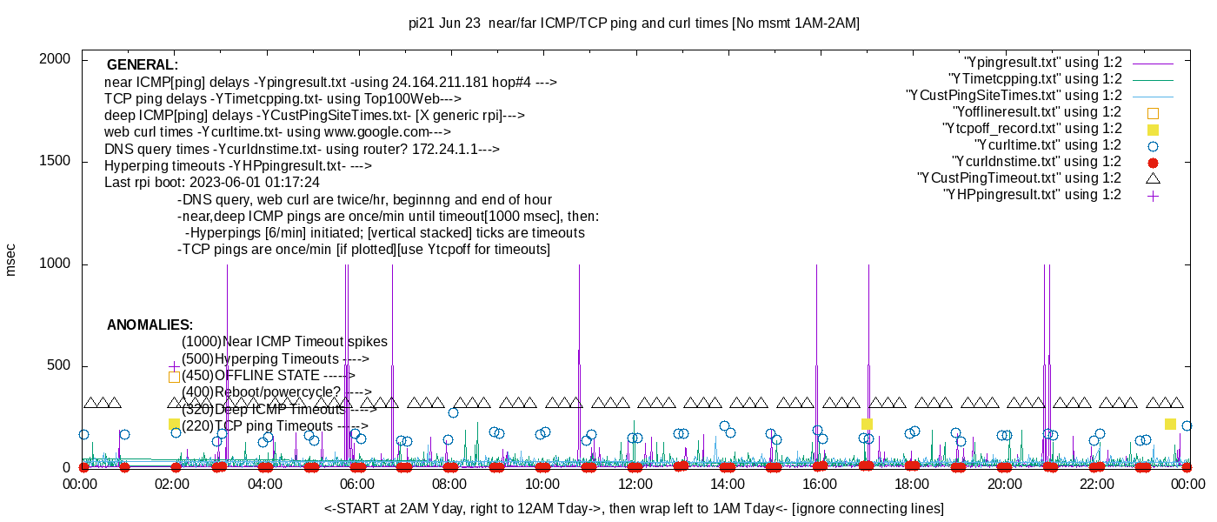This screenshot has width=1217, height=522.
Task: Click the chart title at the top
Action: pyautogui.click(x=634, y=23)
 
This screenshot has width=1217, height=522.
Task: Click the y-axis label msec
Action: pyautogui.click(x=10, y=260)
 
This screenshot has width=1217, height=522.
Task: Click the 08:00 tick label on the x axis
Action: pyautogui.click(x=449, y=485)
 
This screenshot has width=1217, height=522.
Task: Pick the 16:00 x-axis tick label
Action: pyautogui.click(x=820, y=485)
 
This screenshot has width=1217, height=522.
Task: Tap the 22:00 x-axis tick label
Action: pyautogui.click(x=1097, y=485)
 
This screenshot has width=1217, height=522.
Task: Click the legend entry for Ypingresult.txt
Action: pyautogui.click(x=1042, y=63)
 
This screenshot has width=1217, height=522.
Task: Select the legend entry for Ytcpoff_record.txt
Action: pyautogui.click(x=1032, y=129)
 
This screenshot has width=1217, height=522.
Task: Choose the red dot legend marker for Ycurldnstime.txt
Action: pyautogui.click(x=1153, y=162)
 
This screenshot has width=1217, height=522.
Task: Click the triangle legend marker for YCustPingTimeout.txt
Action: pyautogui.click(x=1153, y=178)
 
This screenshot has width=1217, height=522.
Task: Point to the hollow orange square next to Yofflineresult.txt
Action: pyautogui.click(x=1153, y=112)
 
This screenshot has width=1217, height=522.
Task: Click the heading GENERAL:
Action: pyautogui.click(x=143, y=65)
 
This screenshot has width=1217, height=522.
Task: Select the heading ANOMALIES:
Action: pyautogui.click(x=150, y=325)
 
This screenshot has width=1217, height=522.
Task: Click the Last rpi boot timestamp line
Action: pyautogui.click(x=212, y=183)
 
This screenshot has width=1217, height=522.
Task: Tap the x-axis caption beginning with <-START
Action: pyautogui.click(x=634, y=508)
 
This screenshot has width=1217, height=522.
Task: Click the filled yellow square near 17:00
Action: pyautogui.click(x=867, y=424)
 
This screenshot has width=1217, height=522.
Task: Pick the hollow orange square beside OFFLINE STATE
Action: pyautogui.click(x=174, y=377)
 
